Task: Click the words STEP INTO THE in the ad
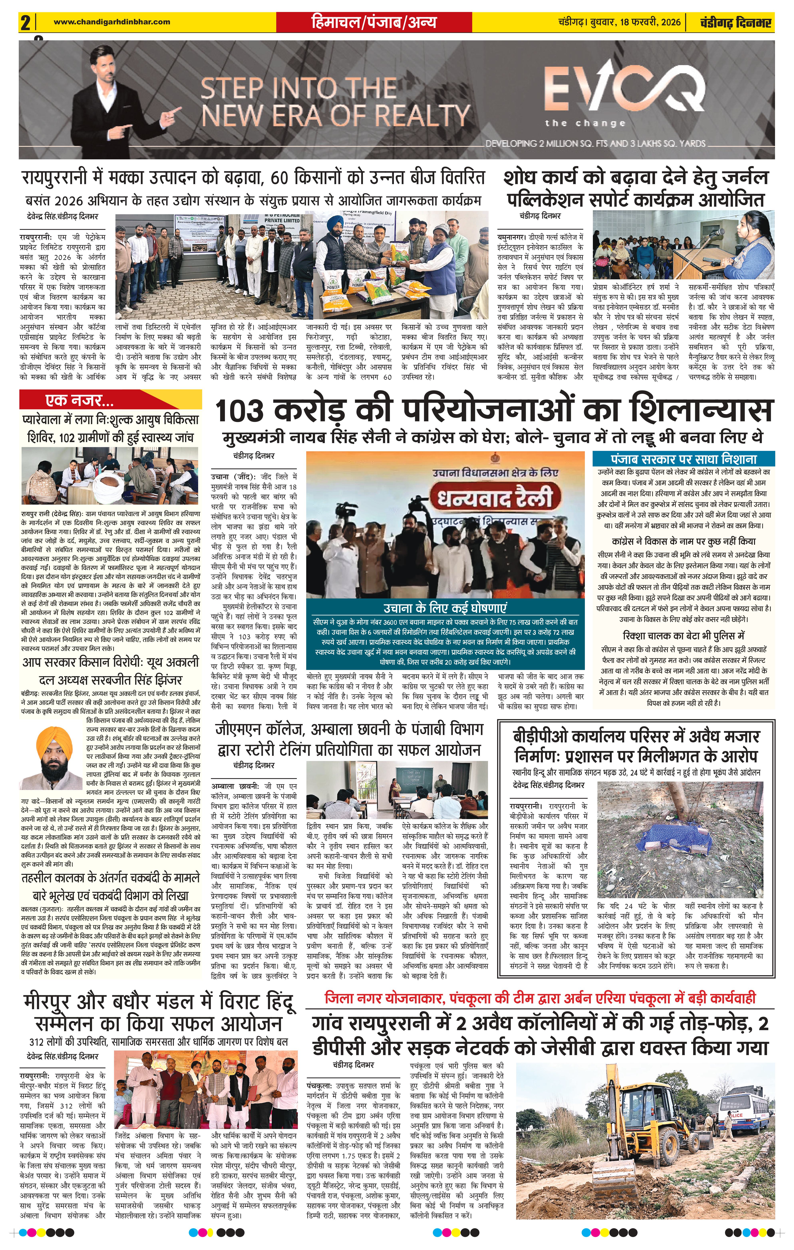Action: click(x=299, y=88)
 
